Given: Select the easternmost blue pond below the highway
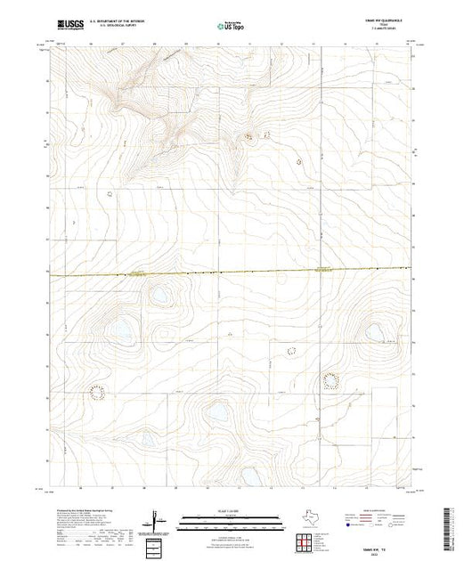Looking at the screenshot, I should [373, 333].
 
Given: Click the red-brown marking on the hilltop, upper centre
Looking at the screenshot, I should [248, 136].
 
